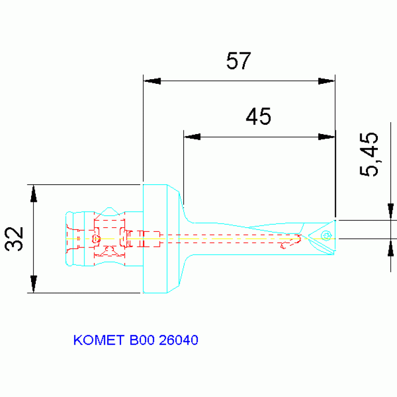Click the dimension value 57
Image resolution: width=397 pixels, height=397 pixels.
(238, 62)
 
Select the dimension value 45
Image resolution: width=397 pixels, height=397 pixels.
(258, 117)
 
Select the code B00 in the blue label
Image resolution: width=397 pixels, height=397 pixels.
(141, 341)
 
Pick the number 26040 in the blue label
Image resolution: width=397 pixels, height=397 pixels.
(179, 341)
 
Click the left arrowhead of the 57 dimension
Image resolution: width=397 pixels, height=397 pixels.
(152, 81)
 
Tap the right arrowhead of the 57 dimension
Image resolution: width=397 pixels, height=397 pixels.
(327, 81)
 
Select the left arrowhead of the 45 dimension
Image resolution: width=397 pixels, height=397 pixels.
(193, 137)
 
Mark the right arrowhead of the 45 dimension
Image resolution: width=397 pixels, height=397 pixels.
(327, 137)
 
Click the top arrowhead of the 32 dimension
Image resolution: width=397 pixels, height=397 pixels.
(34, 194)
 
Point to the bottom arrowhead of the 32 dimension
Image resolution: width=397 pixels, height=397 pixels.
(34, 283)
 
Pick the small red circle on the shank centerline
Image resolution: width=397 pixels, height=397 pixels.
(95, 239)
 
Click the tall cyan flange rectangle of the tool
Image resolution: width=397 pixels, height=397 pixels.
(155, 239)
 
